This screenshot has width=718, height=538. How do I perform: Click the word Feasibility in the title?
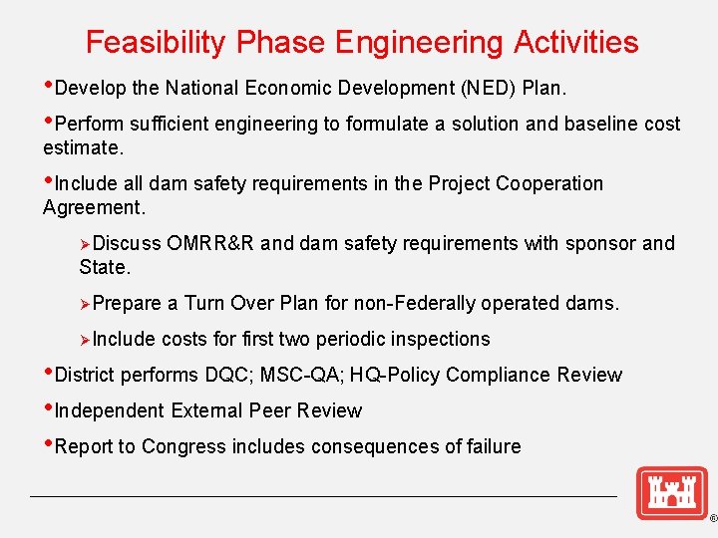pos(157,42)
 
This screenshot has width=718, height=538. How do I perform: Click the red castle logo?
pos(671,493)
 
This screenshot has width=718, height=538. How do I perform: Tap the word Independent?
pos(110,410)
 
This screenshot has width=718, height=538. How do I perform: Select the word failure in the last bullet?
pos(489,446)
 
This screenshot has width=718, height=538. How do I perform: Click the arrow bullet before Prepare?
pos(86,303)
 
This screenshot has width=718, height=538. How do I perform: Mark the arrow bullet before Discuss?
pos(86,243)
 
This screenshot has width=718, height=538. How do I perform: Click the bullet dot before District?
pos(48,375)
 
